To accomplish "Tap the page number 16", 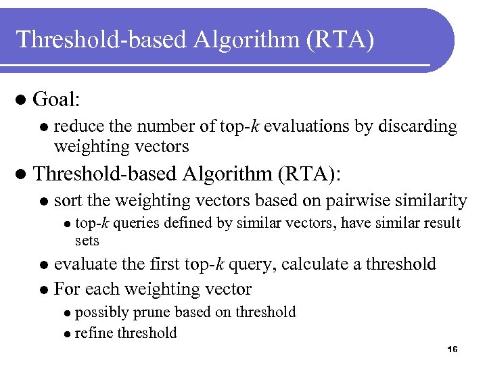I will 453,349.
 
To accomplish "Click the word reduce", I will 75,126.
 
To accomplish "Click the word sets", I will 87,241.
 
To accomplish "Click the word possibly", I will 100,312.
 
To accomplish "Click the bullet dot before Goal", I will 20,101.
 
